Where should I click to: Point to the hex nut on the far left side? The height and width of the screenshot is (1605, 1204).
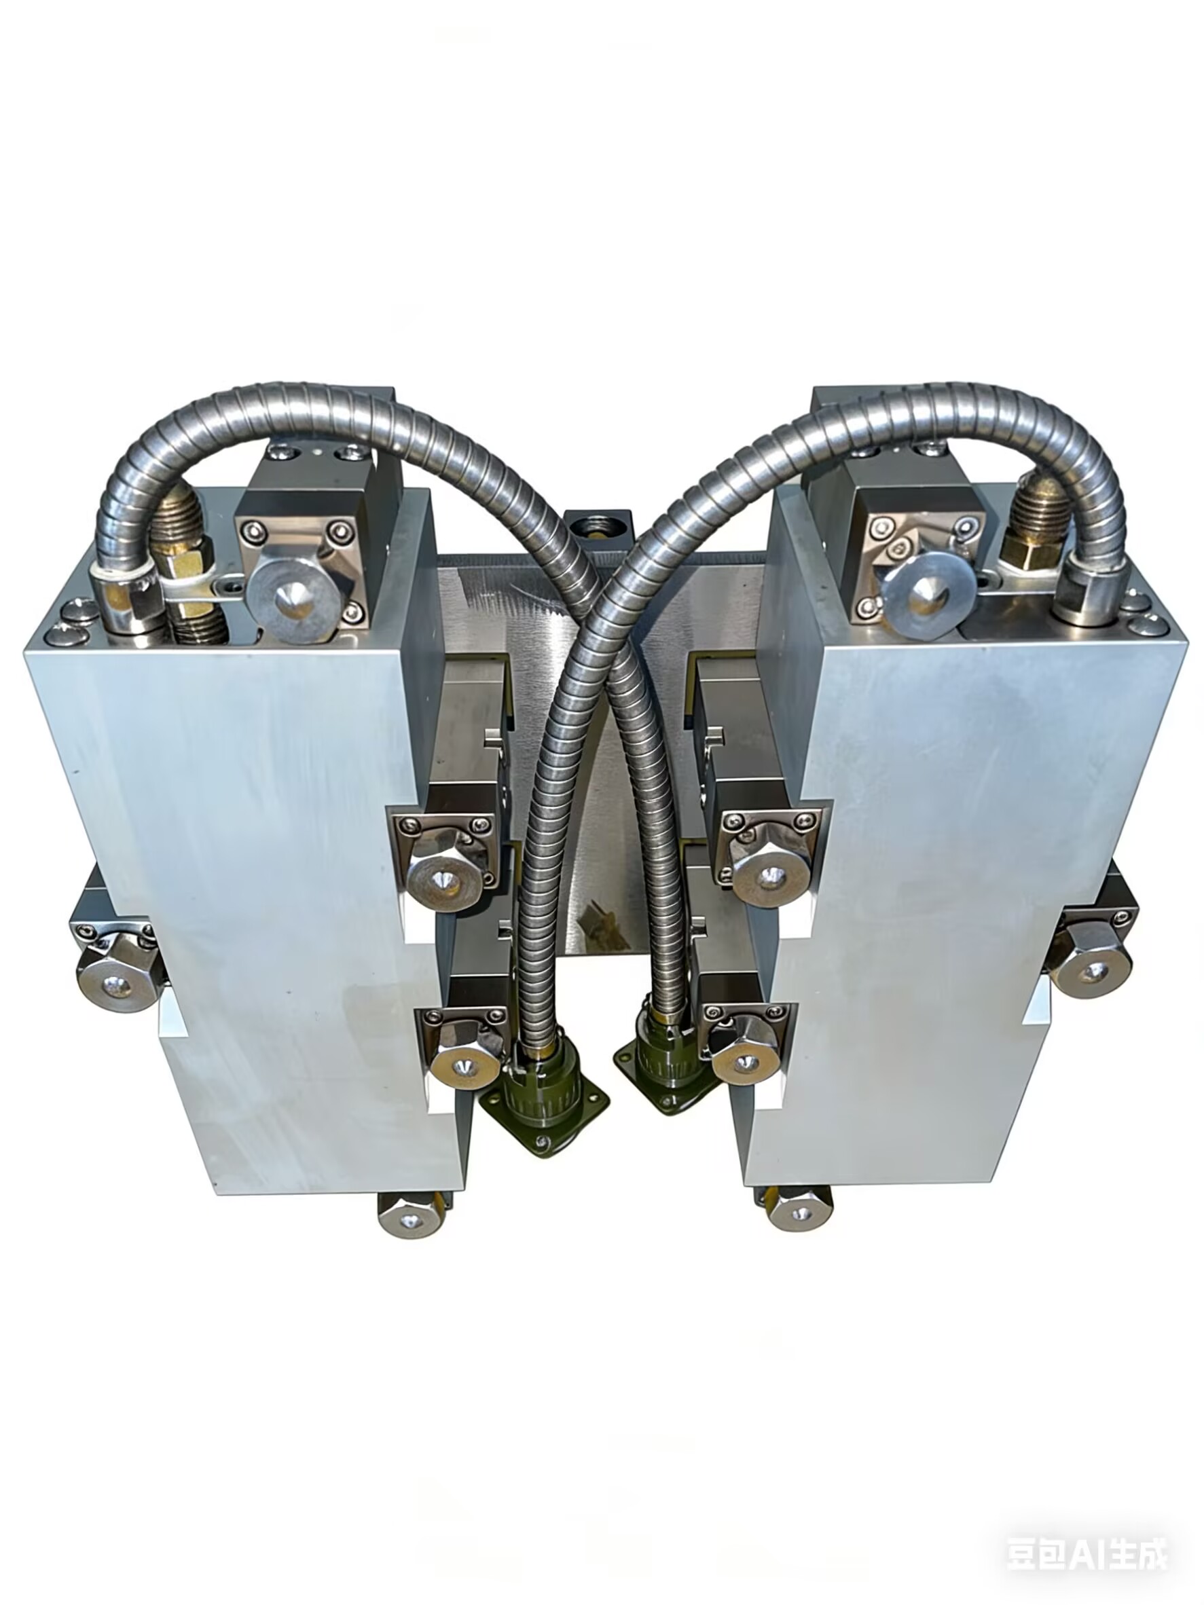click(117, 981)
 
